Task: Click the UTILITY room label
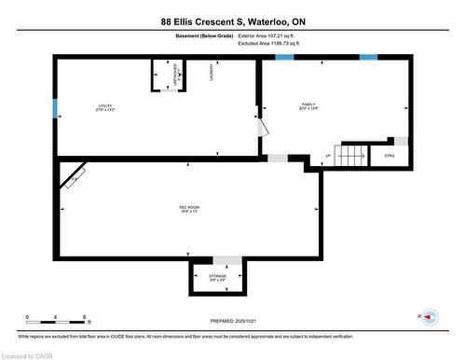[x=105, y=107]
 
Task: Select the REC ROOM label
[x=189, y=208]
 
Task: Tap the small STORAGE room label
[x=217, y=277]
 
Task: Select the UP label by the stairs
[x=327, y=156]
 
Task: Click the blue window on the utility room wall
[x=55, y=106]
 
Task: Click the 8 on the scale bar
[x=85, y=316]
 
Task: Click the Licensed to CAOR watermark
[x=28, y=354]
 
